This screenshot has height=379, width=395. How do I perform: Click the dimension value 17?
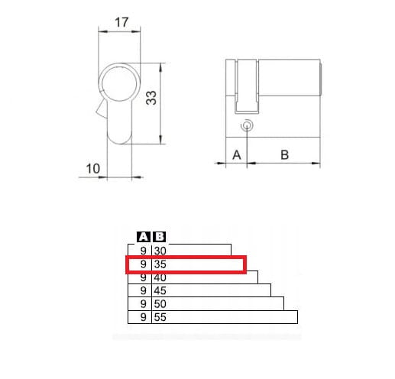[x=121, y=22]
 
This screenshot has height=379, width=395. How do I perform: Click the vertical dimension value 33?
[x=151, y=98]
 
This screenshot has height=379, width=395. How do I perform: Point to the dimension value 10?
[x=93, y=169]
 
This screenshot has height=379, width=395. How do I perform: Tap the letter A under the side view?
[x=237, y=155]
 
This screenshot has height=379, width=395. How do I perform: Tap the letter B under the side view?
[x=284, y=155]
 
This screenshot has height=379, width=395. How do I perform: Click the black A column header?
[x=144, y=237]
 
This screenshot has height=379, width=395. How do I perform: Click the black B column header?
[x=160, y=237]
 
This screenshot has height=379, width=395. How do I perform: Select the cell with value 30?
[x=160, y=251]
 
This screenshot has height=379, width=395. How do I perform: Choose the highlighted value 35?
[x=160, y=264]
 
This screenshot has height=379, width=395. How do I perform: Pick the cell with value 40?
[x=160, y=277]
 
